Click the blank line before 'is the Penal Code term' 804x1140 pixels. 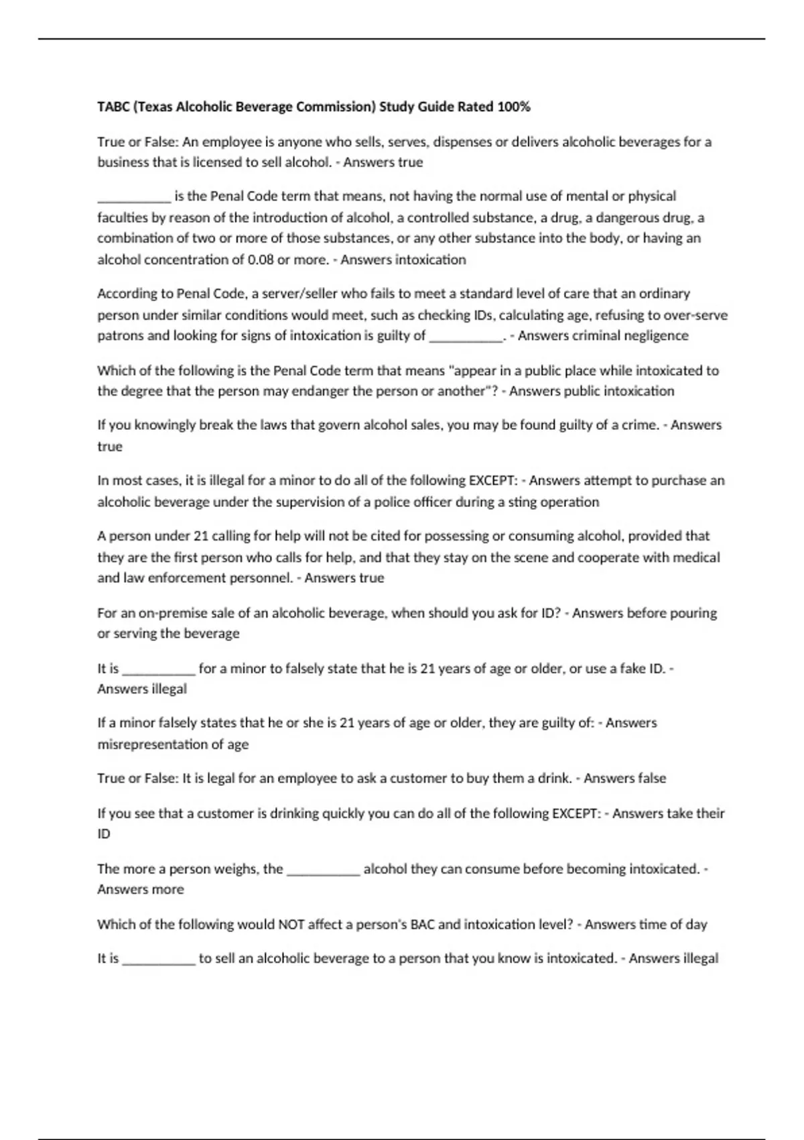coord(134,197)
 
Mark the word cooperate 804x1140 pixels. coord(608,557)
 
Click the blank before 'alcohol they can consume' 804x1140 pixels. coord(324,870)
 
